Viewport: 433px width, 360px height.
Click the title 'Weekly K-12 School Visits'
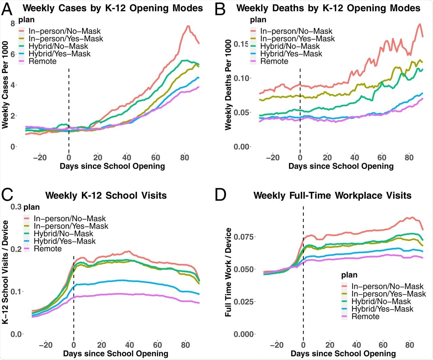(x=106, y=196)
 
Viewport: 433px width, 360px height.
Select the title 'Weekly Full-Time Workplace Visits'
(x=332, y=196)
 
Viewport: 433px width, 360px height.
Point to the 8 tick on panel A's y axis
(x=13, y=23)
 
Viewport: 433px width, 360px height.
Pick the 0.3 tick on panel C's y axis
(x=17, y=206)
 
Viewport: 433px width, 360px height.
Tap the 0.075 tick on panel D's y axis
(x=244, y=237)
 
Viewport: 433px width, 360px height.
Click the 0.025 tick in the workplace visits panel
(x=244, y=301)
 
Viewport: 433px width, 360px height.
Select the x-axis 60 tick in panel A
(x=156, y=158)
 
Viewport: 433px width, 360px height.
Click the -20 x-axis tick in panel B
(x=273, y=158)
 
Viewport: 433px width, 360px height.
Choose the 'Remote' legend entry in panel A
(x=43, y=61)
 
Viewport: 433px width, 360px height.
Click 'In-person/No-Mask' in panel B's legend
(x=296, y=31)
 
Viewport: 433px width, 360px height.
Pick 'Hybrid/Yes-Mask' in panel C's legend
(x=65, y=241)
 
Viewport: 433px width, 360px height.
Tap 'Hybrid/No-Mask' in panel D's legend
(x=381, y=301)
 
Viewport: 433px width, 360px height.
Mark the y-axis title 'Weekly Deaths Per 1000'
(x=228, y=85)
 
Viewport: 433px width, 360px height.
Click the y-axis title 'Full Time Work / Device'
(x=228, y=272)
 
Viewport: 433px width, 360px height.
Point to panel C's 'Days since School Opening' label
(x=115, y=354)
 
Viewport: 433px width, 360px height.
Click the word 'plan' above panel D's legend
(x=349, y=275)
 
